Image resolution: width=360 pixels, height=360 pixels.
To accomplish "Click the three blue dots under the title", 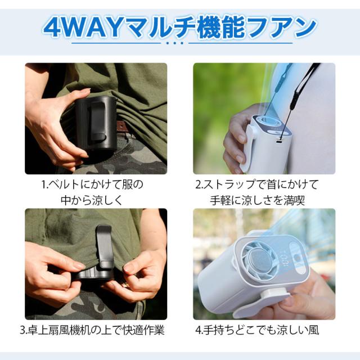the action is point(174,43).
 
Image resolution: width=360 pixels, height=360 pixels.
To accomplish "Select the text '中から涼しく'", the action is point(92,200).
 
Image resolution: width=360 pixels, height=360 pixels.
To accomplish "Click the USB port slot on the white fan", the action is point(280,142).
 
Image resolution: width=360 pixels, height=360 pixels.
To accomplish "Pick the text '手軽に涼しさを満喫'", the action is point(258,200).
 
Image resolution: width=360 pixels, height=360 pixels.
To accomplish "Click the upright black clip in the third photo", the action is point(105,247).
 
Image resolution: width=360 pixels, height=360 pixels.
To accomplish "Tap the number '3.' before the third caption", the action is point(22,330).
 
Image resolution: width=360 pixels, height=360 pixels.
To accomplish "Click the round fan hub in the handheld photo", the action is point(260,262).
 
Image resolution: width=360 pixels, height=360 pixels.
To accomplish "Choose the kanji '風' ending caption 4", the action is point(313,330).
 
